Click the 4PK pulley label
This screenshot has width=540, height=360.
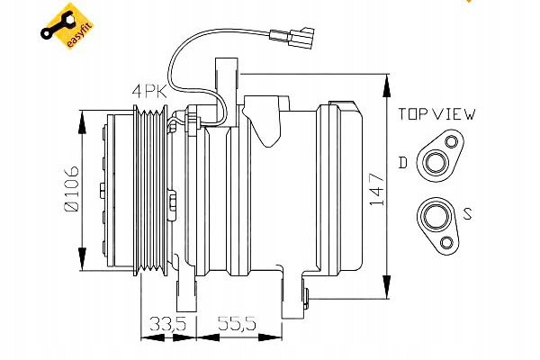coord(149,90)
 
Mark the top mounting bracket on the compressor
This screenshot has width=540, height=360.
coord(226,81)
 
